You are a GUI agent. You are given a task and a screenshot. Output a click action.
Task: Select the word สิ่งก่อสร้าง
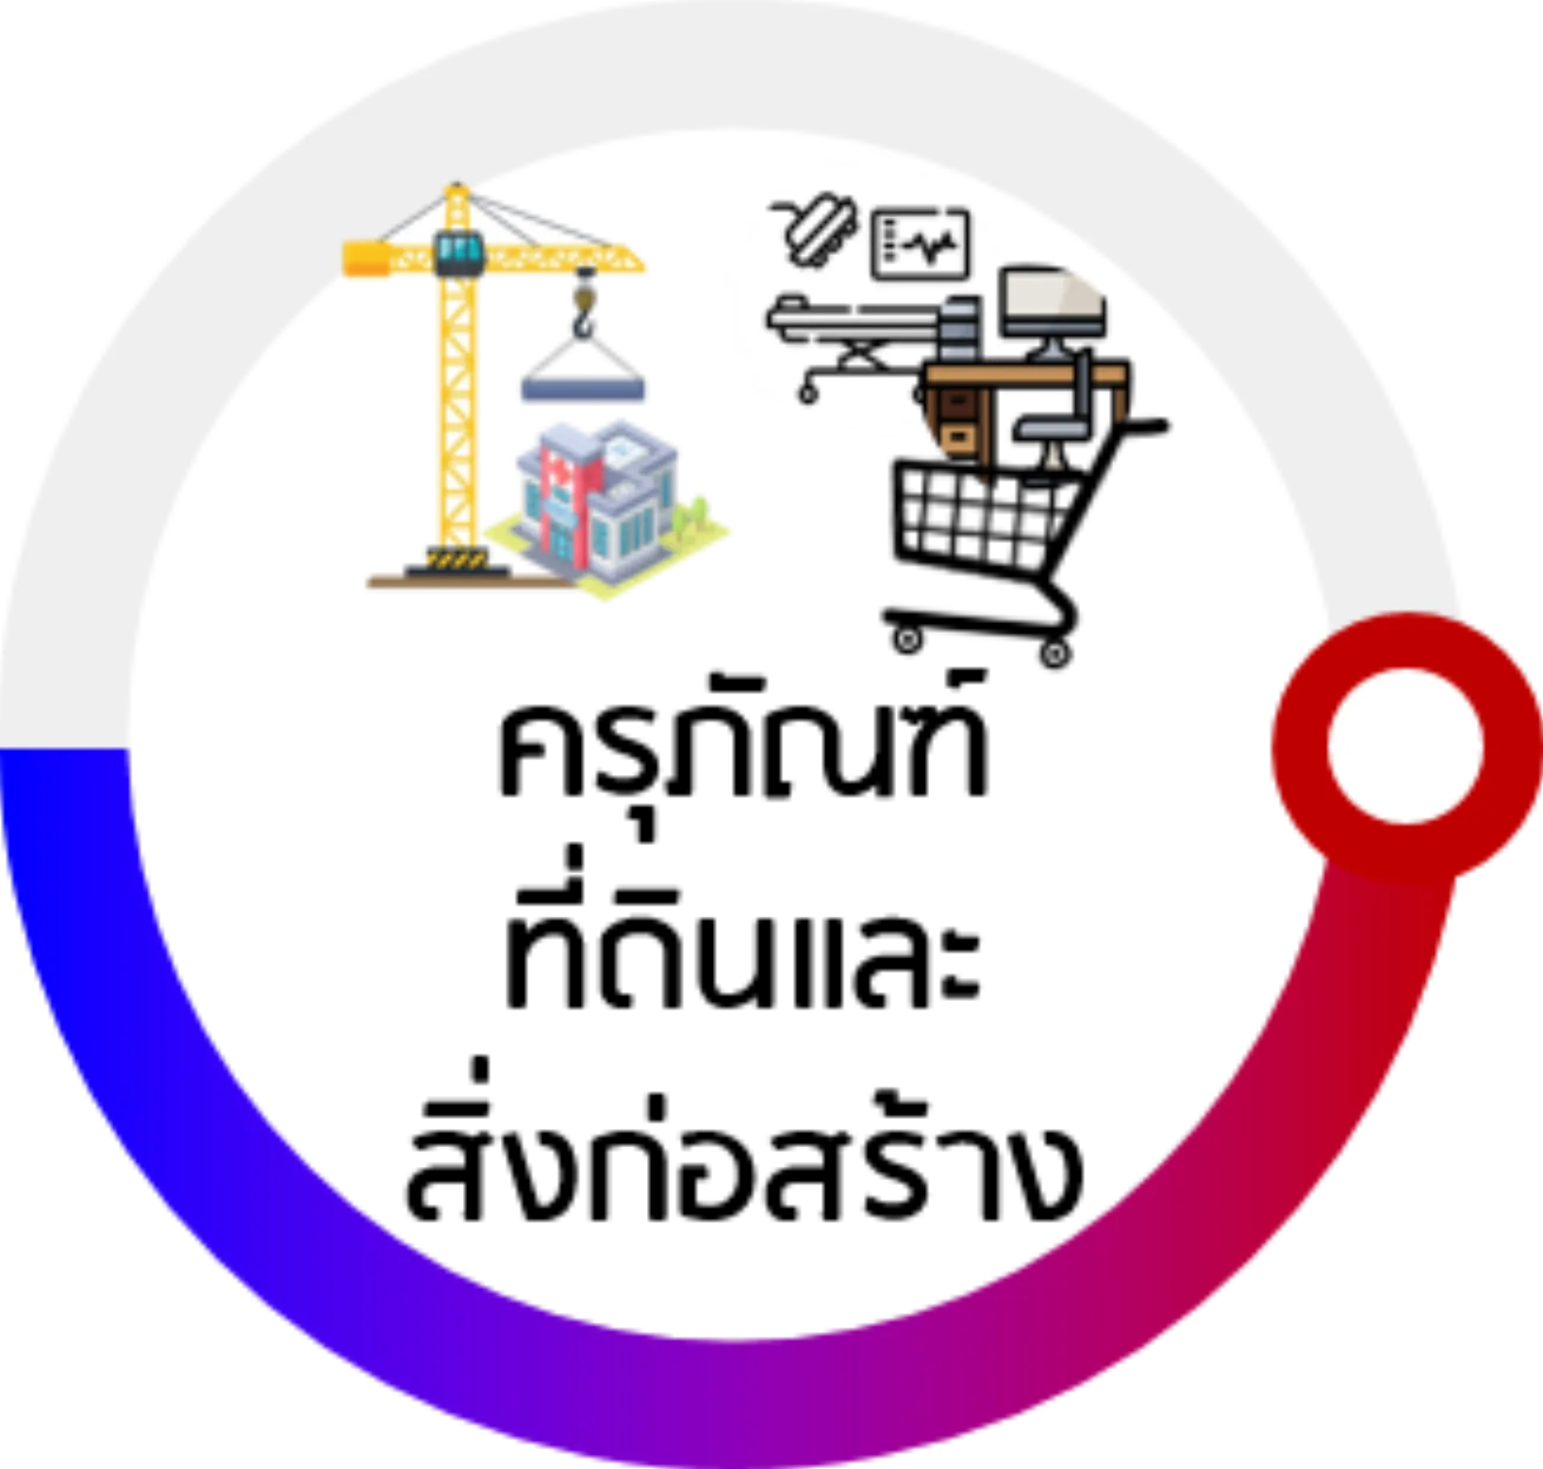[x=743, y=1158]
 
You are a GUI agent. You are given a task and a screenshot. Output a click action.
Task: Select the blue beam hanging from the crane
[x=583, y=389]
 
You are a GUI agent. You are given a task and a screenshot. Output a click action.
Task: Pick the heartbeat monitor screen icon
[x=920, y=244]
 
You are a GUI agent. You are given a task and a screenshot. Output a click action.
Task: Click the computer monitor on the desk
[x=1053, y=310]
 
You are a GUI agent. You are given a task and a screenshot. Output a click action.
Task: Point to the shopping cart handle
[x=1141, y=426]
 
